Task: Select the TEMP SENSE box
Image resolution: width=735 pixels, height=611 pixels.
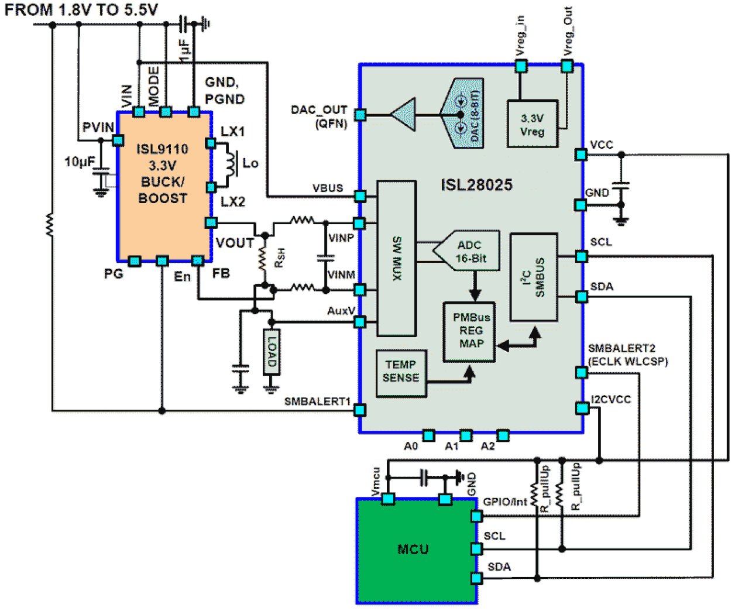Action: [401, 372]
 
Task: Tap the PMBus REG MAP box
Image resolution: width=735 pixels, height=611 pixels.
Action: [470, 331]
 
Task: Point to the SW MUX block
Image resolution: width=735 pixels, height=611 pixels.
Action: [397, 258]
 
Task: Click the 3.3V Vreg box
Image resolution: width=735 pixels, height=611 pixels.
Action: [532, 124]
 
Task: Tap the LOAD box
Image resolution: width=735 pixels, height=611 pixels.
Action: [272, 352]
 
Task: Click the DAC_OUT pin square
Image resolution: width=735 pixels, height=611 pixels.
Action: [360, 115]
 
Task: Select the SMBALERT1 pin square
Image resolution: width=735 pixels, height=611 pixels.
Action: [360, 410]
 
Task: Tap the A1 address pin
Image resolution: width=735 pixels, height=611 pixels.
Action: [466, 435]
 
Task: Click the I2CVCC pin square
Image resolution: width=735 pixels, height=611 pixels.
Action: [581, 408]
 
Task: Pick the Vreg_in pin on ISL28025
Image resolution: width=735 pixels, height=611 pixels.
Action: [521, 66]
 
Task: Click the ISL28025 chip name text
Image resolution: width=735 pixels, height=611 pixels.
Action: [476, 185]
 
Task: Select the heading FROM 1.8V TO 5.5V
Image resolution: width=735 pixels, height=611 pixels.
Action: [81, 9]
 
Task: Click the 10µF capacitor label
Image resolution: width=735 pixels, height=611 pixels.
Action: [79, 162]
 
